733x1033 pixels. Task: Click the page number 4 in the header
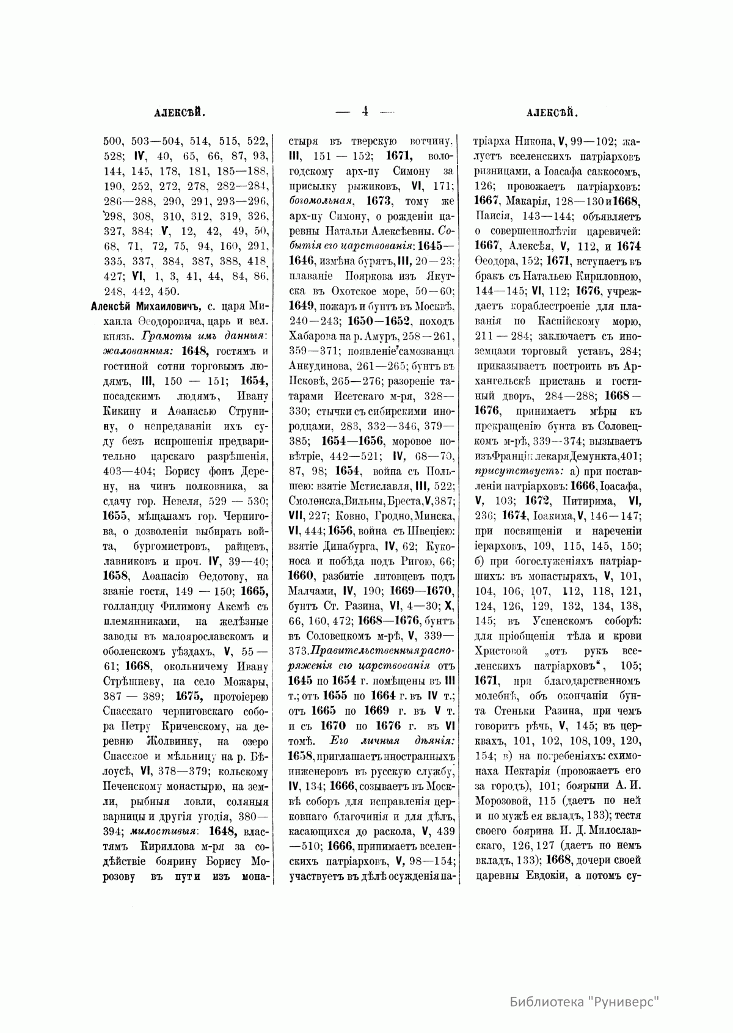tap(365, 111)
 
